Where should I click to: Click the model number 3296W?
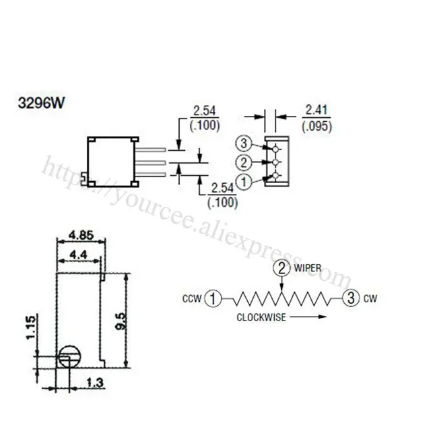41,106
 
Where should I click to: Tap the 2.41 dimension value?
317,108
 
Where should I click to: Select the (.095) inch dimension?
317,125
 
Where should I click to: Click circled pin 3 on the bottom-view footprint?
244,143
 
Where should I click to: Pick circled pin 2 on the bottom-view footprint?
244,162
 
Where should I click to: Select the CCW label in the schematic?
192,298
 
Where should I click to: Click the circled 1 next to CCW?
214,298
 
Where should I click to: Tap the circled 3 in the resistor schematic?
349,297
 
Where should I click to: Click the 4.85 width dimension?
81,236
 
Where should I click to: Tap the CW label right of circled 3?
369,298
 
